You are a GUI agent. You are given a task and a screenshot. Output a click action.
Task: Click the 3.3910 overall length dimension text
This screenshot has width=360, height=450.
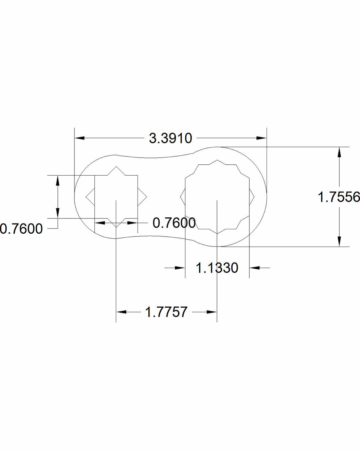170,138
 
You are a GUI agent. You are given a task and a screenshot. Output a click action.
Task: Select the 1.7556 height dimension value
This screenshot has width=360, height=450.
339,197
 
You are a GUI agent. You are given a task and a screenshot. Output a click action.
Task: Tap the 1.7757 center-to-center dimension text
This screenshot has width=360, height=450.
166,312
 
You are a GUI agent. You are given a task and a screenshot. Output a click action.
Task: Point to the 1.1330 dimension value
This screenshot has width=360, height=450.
217,268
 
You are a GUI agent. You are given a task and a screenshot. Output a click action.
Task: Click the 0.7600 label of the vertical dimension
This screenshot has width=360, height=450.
21,229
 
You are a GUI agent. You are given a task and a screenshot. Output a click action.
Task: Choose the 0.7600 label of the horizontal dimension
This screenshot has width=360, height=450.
174,223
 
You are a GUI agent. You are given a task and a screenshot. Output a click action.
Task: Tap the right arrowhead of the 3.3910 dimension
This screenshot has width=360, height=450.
262,138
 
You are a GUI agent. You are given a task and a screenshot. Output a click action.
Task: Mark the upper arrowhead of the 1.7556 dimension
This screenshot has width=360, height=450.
339,152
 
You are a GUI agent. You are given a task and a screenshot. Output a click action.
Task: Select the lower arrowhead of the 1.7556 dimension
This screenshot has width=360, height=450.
339,241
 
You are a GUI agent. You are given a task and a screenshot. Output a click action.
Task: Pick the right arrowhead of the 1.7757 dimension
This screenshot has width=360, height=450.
212,312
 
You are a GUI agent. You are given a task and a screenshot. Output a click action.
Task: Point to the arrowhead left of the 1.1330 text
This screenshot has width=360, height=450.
180,268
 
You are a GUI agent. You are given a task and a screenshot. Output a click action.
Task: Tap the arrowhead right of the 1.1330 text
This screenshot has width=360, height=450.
254,268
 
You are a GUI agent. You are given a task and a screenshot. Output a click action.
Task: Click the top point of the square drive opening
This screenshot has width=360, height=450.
116,166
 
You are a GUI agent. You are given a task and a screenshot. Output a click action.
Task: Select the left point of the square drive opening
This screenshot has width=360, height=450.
86,196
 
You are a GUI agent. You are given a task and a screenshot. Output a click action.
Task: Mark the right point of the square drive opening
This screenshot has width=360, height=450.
146,196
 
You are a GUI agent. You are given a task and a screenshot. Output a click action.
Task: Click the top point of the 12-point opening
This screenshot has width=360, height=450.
217,160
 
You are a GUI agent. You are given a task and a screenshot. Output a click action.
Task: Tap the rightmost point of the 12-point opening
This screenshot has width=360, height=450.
254,196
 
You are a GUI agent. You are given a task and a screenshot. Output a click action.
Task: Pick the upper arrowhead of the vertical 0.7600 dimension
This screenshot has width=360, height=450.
57,180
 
